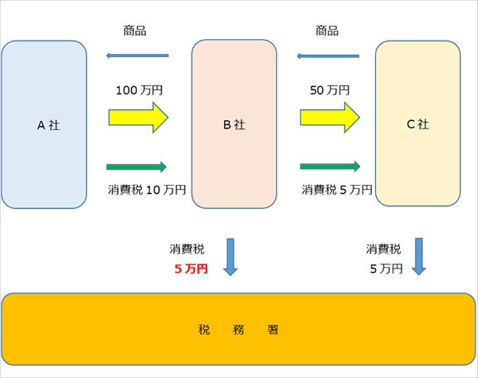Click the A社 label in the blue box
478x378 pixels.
click(48, 125)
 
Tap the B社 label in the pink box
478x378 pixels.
click(234, 125)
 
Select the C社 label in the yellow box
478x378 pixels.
click(417, 124)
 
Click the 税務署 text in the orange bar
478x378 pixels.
click(238, 330)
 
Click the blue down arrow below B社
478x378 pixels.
click(230, 257)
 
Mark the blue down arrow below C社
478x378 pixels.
click(418, 257)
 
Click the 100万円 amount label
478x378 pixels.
click(139, 90)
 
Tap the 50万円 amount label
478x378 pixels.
click(330, 90)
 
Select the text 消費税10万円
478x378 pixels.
click(147, 190)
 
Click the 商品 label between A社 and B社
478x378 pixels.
click(135, 31)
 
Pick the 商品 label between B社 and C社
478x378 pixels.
click(327, 31)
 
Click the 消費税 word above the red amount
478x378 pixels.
click(186, 249)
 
